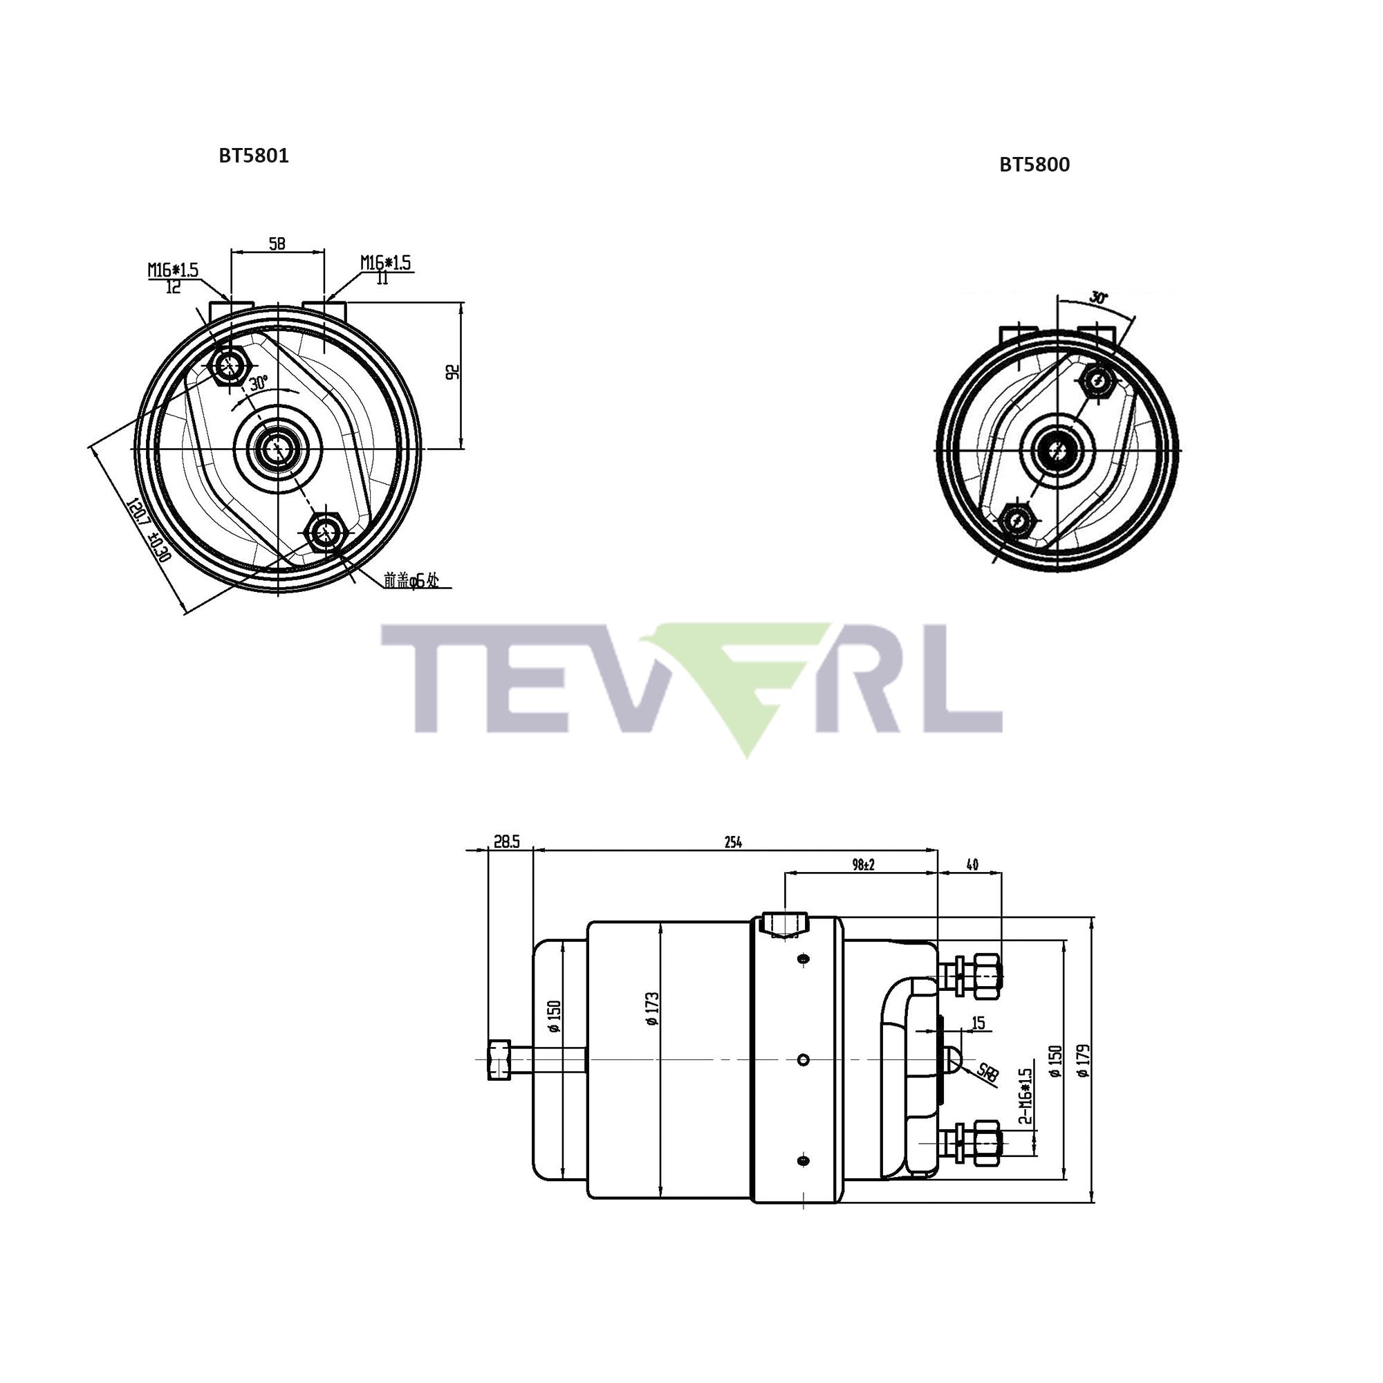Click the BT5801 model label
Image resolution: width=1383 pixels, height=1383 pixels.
pyautogui.click(x=253, y=156)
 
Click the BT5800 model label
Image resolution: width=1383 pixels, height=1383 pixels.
pyautogui.click(x=1034, y=165)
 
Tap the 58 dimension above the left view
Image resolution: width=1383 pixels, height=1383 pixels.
pyautogui.click(x=277, y=244)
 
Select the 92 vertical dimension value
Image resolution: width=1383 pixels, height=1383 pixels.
pyautogui.click(x=452, y=372)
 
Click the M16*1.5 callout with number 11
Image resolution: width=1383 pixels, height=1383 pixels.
pyautogui.click(x=385, y=270)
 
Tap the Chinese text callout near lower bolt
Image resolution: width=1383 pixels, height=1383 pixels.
pyautogui.click(x=410, y=581)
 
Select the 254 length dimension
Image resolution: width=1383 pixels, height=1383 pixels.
pyautogui.click(x=732, y=842)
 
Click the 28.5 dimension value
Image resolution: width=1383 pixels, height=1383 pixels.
pyautogui.click(x=506, y=842)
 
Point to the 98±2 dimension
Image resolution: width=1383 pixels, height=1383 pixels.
pyautogui.click(x=864, y=865)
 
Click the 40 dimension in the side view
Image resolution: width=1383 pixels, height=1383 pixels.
pyautogui.click(x=972, y=865)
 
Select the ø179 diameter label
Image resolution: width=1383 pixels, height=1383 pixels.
pyautogui.click(x=1082, y=1061)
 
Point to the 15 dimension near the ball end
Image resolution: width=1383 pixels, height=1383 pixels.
pyautogui.click(x=978, y=1023)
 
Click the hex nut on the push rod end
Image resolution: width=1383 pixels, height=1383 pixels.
pyautogui.click(x=499, y=1060)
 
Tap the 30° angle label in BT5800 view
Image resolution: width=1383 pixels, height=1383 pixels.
pyautogui.click(x=1098, y=297)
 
